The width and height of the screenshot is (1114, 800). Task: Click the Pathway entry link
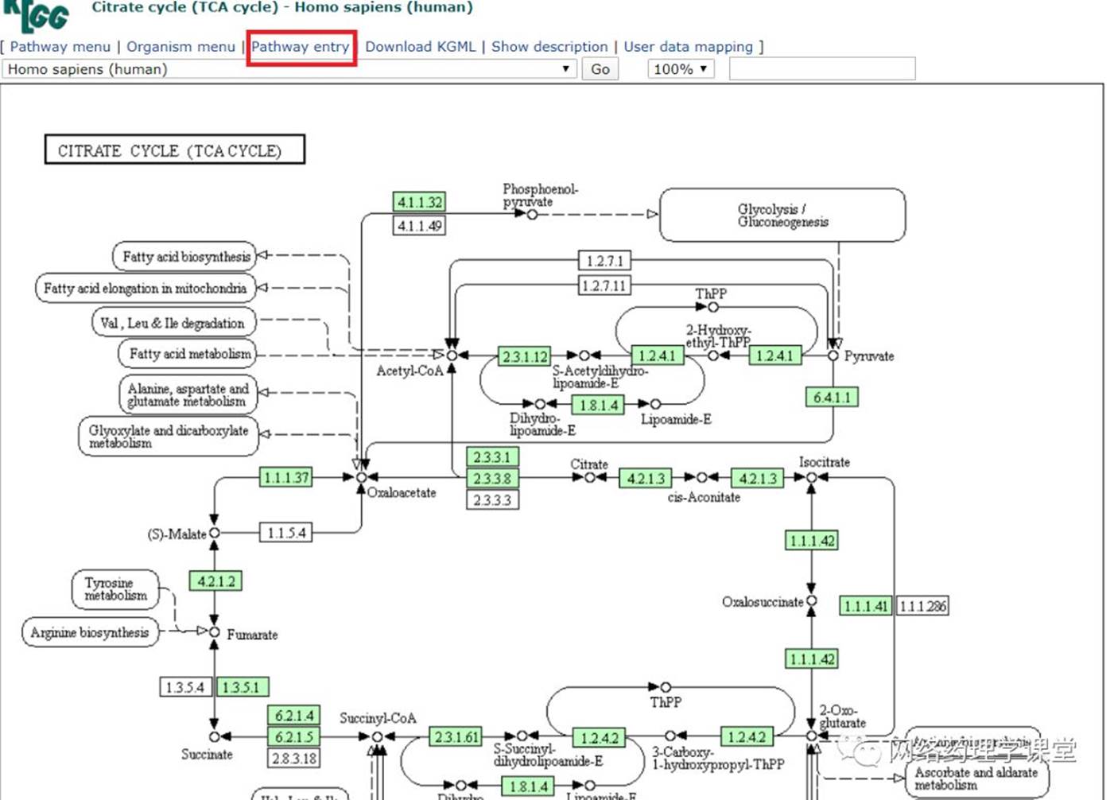click(x=300, y=47)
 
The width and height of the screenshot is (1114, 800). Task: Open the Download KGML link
click(x=420, y=47)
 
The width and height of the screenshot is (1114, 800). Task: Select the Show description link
click(x=549, y=47)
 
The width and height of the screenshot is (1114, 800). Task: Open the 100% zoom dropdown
click(x=680, y=69)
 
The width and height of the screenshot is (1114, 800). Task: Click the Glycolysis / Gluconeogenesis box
click(x=782, y=216)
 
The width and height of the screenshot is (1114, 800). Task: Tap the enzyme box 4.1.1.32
click(x=419, y=202)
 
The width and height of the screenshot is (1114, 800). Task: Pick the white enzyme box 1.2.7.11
click(x=604, y=285)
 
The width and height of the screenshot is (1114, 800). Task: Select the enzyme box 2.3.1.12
click(x=524, y=356)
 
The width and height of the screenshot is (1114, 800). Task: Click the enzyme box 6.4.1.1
click(x=832, y=397)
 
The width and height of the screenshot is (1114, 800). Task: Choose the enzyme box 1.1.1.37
click(x=286, y=477)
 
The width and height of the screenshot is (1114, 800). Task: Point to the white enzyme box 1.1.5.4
click(x=286, y=533)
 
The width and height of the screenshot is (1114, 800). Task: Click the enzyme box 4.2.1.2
click(x=215, y=581)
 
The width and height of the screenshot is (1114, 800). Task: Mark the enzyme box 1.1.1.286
click(x=922, y=606)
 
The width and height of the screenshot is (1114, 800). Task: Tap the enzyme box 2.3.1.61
click(x=456, y=737)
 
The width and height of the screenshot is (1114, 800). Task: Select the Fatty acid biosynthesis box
click(x=185, y=257)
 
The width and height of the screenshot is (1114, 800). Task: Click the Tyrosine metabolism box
click(x=115, y=589)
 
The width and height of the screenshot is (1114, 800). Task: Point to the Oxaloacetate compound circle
click(x=362, y=477)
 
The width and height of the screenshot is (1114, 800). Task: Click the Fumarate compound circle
click(x=214, y=632)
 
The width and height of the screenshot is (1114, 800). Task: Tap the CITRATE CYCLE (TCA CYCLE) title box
click(x=174, y=150)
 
